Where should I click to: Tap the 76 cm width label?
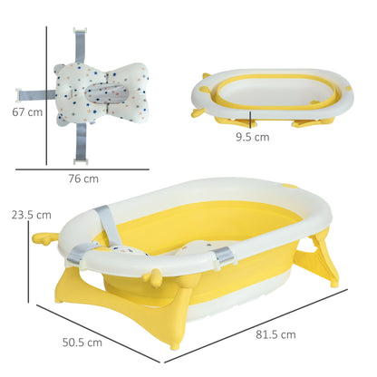pos(82,179)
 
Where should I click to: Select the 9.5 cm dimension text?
pos(252,138)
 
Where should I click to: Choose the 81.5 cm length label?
pos(275,334)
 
